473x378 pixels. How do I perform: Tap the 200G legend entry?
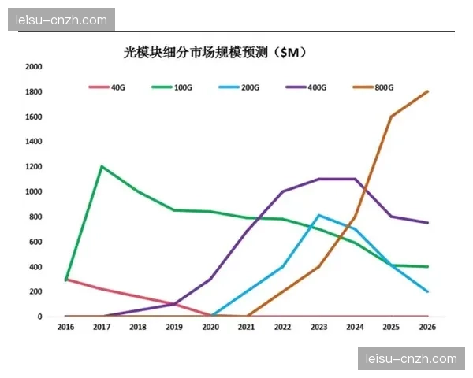pyautogui.click(x=251, y=87)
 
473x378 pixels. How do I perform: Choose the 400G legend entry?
pyautogui.click(x=317, y=87)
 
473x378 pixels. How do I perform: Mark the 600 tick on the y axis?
pyautogui.click(x=35, y=242)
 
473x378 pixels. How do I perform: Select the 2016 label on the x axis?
pyautogui.click(x=65, y=326)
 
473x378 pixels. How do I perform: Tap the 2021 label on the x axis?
pyautogui.click(x=247, y=326)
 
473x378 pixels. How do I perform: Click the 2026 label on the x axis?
pyautogui.click(x=427, y=326)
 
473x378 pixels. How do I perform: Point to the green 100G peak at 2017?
pyautogui.click(x=102, y=167)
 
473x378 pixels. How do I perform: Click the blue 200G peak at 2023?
pyautogui.click(x=318, y=215)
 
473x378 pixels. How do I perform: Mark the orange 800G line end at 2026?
pyautogui.click(x=427, y=91)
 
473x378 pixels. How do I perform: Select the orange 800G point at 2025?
pyautogui.click(x=391, y=117)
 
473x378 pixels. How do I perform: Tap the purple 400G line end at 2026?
pyautogui.click(x=427, y=223)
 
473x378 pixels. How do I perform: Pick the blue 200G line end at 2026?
pyautogui.click(x=427, y=291)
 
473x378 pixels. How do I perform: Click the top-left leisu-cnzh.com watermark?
pyautogui.click(x=61, y=20)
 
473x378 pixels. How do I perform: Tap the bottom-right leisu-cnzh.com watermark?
pyautogui.click(x=412, y=358)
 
